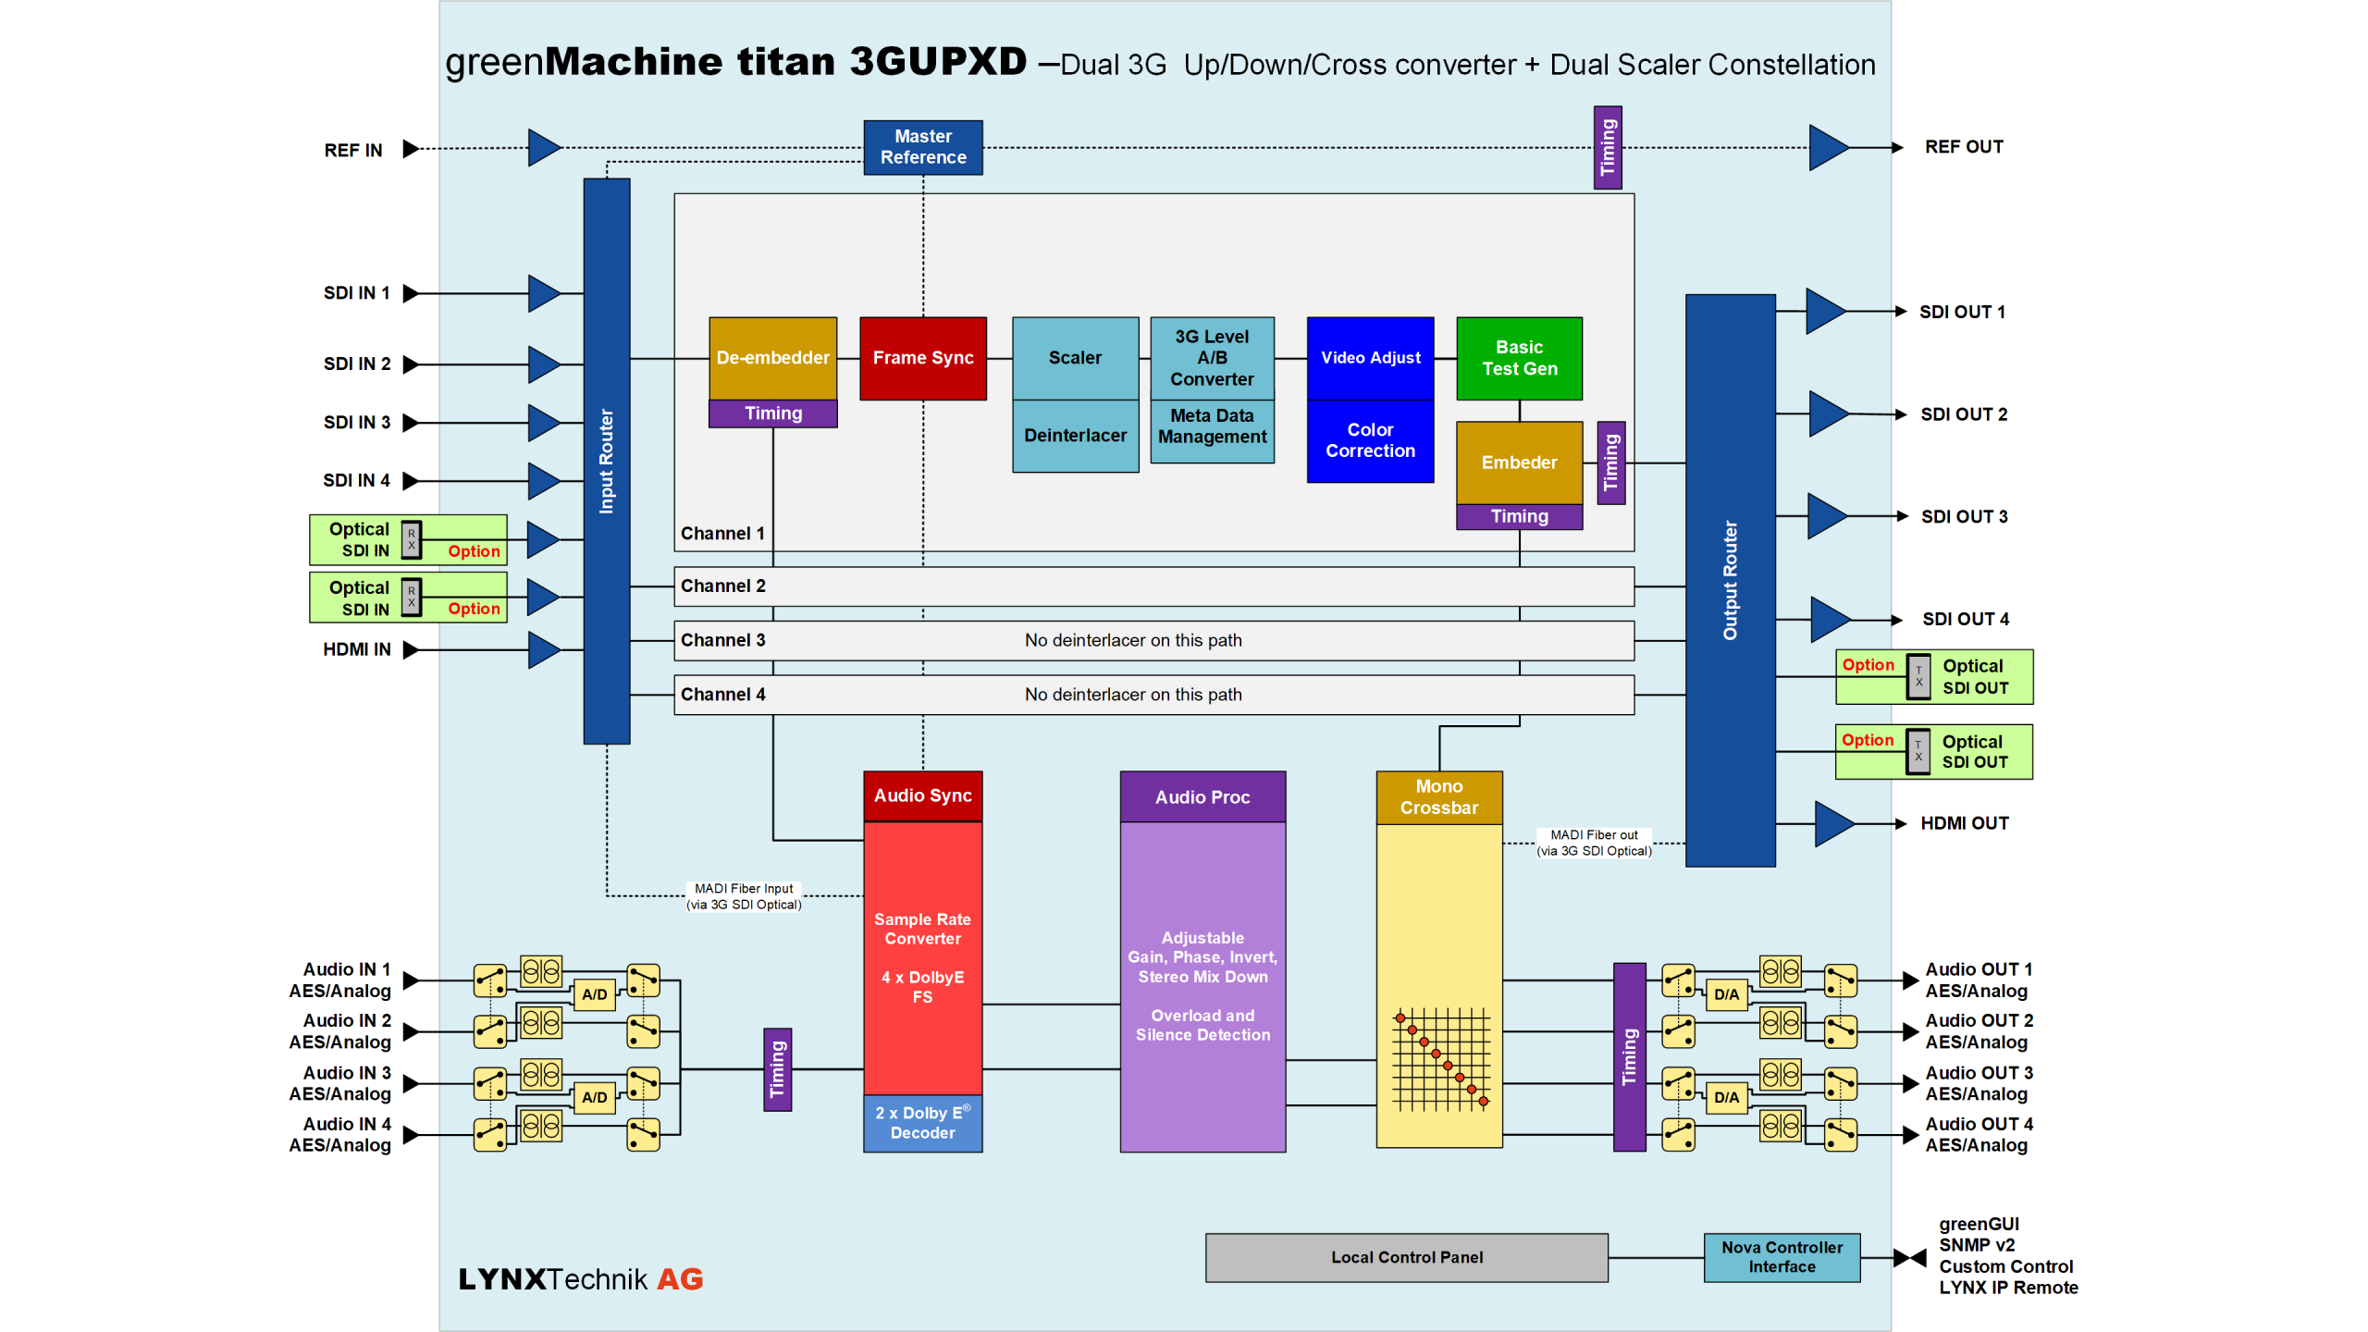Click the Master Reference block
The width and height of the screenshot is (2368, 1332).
click(x=922, y=147)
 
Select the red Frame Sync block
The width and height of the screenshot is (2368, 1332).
click(x=922, y=358)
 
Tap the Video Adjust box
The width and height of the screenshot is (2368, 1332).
click(x=1370, y=358)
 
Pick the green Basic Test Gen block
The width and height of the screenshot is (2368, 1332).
click(x=1519, y=358)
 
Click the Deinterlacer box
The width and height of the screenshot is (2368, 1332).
click(x=1075, y=436)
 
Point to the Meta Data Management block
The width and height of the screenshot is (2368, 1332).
click(x=1212, y=426)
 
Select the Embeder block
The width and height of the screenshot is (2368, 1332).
click(x=1519, y=462)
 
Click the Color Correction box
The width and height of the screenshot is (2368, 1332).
click(x=1370, y=440)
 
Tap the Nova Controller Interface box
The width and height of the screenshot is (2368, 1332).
click(x=1782, y=1257)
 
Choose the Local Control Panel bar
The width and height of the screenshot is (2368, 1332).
click(x=1406, y=1257)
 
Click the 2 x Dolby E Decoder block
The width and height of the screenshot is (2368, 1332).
click(x=922, y=1123)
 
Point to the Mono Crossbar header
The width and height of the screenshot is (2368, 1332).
click(x=1438, y=796)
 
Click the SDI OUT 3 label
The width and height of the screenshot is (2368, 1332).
click(x=1964, y=517)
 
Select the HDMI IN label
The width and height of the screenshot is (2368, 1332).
click(x=356, y=649)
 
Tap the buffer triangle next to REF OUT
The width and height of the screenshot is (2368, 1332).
click(x=1826, y=147)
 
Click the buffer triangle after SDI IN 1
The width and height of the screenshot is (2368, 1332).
click(x=543, y=293)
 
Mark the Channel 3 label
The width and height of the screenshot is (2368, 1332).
click(x=722, y=640)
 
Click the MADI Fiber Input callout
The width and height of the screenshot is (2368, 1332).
click(x=744, y=896)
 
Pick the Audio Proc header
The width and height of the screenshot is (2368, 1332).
click(x=1202, y=797)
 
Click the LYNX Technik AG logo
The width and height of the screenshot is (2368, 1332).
click(x=581, y=1279)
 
